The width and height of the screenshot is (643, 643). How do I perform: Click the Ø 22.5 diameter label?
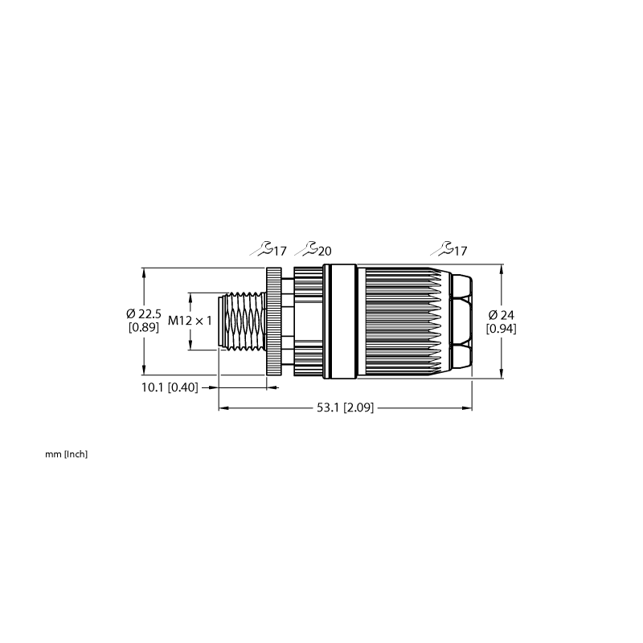pyautogui.click(x=144, y=314)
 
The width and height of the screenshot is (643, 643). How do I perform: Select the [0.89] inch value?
pyautogui.click(x=144, y=327)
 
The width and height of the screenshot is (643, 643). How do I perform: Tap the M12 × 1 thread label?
pyautogui.click(x=190, y=321)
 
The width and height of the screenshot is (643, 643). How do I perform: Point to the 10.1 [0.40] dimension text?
pyautogui.click(x=170, y=387)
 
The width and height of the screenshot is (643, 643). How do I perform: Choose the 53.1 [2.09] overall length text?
pyautogui.click(x=346, y=408)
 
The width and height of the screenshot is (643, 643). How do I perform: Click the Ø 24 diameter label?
pyautogui.click(x=501, y=315)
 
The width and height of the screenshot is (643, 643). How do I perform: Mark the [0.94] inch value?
pyautogui.click(x=501, y=329)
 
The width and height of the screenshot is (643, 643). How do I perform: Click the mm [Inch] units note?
pyautogui.click(x=67, y=454)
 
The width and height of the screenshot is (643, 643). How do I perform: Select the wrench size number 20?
pyautogui.click(x=325, y=251)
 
